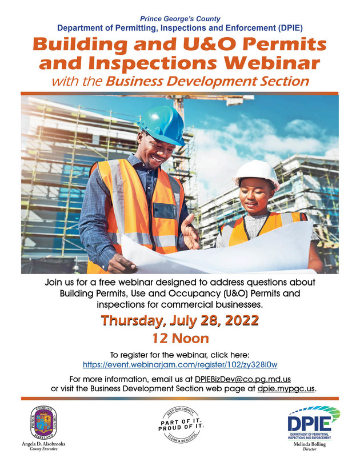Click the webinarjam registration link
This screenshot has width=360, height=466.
(x=180, y=364)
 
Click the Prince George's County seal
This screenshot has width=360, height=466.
(x=45, y=423)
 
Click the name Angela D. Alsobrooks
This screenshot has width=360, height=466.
(x=45, y=444)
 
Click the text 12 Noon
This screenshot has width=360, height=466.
(x=180, y=338)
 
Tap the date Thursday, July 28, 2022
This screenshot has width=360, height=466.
(x=180, y=320)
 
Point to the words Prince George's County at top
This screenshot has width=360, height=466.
(x=180, y=18)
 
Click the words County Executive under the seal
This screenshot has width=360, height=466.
(x=45, y=450)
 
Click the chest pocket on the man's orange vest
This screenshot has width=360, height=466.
(x=165, y=211)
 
